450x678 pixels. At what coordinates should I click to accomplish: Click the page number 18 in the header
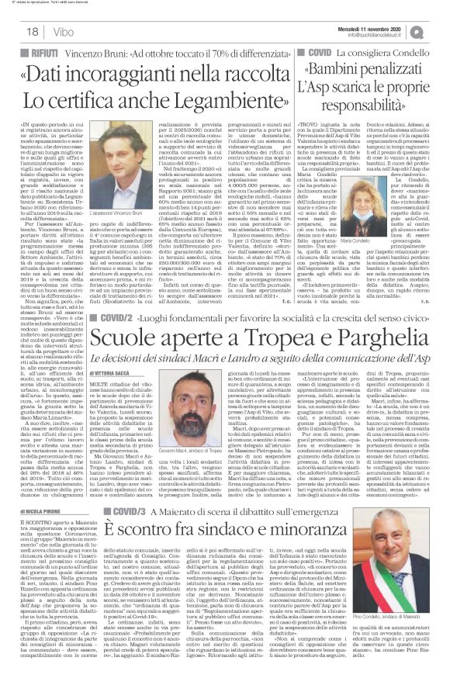(x=14, y=30)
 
